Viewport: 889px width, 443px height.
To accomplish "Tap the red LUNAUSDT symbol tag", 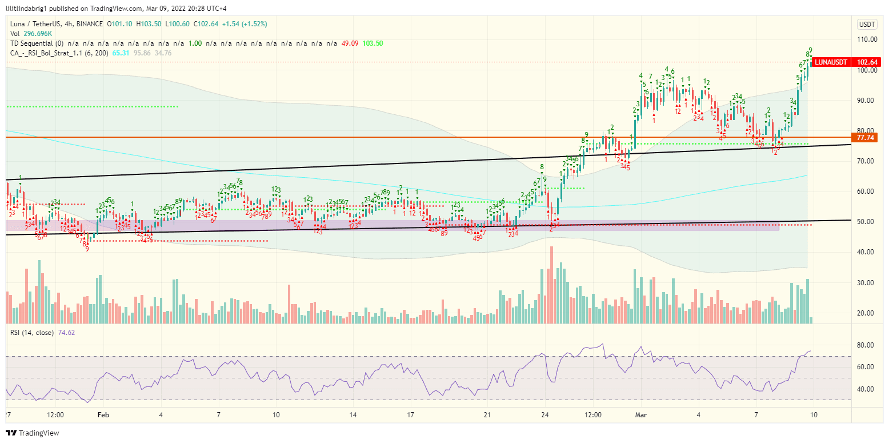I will (x=831, y=62).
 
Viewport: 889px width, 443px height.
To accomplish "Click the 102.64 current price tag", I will (x=867, y=62).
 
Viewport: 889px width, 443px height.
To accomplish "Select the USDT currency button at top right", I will (x=867, y=24).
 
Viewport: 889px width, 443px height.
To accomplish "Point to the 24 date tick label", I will (x=544, y=414).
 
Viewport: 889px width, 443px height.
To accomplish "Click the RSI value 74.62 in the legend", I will (x=67, y=332).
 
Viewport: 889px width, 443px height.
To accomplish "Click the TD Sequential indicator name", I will (x=34, y=43).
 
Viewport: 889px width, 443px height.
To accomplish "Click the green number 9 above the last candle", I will (x=810, y=50).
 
